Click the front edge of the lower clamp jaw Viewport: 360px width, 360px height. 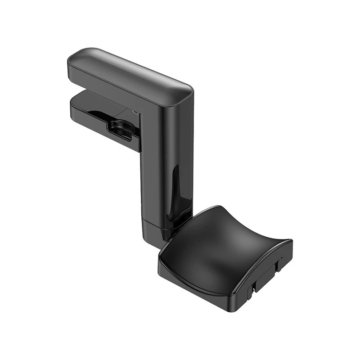[x=103, y=130]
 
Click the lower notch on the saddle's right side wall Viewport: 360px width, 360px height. [x=254, y=285]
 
